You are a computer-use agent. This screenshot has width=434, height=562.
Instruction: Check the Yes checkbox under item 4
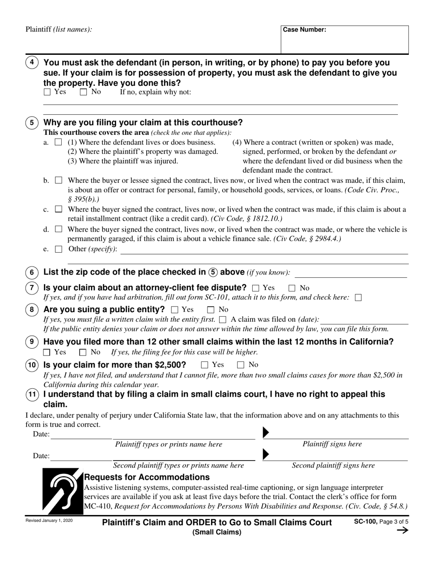click(48, 92)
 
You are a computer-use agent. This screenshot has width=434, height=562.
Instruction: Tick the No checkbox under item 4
click(83, 92)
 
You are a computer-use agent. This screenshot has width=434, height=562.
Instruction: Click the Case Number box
click(344, 40)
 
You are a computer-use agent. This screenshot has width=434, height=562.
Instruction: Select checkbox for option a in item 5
click(58, 143)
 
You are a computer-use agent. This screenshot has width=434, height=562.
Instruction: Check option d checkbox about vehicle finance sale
click(58, 230)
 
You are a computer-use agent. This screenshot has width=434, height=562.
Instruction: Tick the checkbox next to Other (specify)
click(58, 249)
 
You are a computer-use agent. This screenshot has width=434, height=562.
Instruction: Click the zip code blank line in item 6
click(351, 273)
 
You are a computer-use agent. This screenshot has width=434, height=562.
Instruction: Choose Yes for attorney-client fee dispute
click(256, 288)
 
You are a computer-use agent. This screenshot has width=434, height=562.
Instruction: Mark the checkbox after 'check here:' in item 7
click(358, 298)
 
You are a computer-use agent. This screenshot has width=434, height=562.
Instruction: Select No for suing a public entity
click(211, 310)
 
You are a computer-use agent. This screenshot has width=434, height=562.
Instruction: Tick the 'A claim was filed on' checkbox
click(222, 320)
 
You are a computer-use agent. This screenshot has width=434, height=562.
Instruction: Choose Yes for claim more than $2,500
click(205, 365)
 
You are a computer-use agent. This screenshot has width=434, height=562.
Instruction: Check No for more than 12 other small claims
click(83, 352)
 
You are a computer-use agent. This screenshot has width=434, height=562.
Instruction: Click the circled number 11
click(32, 395)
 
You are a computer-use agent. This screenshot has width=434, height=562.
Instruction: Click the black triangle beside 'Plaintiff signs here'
click(267, 432)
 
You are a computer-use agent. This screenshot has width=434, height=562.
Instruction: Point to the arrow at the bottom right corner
click(402, 530)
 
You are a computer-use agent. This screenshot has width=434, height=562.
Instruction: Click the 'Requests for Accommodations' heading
click(147, 477)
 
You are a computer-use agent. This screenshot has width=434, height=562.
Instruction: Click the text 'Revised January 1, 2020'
click(49, 520)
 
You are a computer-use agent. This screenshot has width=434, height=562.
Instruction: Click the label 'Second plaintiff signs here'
click(333, 466)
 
